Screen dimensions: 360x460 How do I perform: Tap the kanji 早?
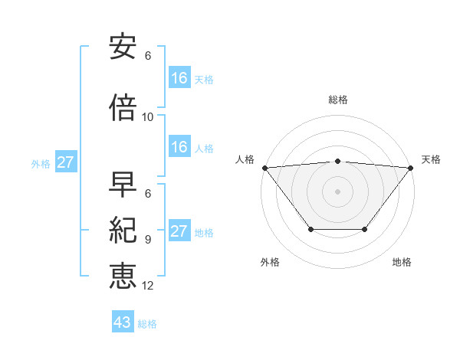coord(123,185)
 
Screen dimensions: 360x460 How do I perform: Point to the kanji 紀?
coord(123,230)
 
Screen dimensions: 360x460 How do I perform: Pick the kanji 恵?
coord(123,275)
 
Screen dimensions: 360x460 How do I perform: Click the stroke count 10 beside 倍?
coord(148,117)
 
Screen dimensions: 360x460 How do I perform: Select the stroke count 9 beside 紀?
coord(148,239)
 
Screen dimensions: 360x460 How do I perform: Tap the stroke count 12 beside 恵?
coord(148,285)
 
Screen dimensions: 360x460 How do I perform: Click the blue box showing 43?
coord(123,322)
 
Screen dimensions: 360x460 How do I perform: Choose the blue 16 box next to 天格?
coord(179,78)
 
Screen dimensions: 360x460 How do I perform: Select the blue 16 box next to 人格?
coord(179,148)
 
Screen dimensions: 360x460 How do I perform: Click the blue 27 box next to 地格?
coord(179,232)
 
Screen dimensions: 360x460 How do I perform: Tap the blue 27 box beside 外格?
coord(66,162)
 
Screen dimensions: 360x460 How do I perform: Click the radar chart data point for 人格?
coord(264,167)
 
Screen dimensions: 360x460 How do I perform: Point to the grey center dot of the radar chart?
coord(337,191)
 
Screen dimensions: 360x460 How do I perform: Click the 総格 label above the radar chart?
coord(337,100)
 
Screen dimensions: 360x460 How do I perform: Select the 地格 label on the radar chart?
coord(402,263)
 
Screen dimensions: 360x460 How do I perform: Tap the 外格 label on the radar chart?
coord(270,263)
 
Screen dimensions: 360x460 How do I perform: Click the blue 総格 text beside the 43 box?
coord(147,324)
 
